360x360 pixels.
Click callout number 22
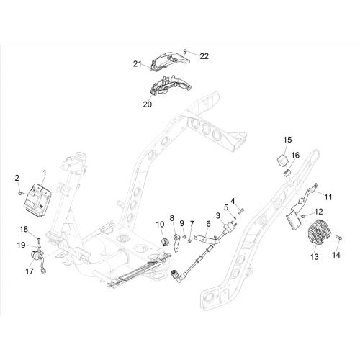[x=204, y=56]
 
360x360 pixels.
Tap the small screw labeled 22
[x=185, y=51]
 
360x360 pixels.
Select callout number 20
[x=148, y=104]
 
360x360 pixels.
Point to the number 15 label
[x=287, y=140]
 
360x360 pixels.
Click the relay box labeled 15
[x=283, y=160]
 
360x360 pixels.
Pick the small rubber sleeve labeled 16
[x=287, y=173]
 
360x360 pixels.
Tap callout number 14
[x=336, y=255]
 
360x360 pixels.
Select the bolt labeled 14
[x=339, y=238]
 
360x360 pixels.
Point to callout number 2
[x=17, y=178]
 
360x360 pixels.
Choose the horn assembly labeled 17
[x=38, y=259]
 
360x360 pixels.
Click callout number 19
[x=21, y=245]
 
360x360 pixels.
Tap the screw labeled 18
[x=39, y=239]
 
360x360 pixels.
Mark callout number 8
[x=171, y=218]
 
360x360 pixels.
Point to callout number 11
[x=328, y=197]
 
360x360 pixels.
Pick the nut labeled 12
[x=303, y=216]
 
